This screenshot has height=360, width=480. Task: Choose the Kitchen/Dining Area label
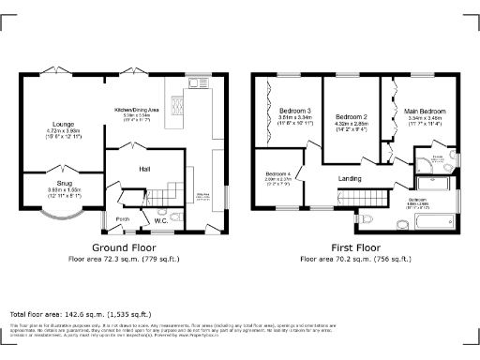[x=136, y=109]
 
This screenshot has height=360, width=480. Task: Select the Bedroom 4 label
[x=277, y=174]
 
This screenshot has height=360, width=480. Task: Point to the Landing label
[x=350, y=179]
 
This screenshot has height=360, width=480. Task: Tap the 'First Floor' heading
[x=352, y=247]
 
